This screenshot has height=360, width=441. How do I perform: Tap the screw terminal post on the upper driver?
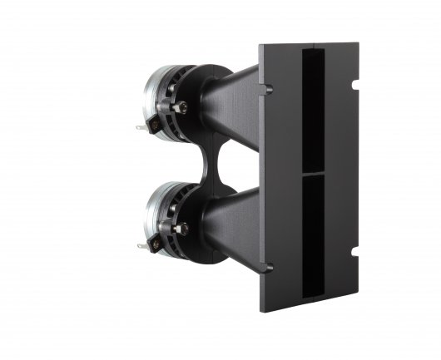click(181, 107)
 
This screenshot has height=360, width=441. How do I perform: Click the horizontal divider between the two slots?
click(314, 174)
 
